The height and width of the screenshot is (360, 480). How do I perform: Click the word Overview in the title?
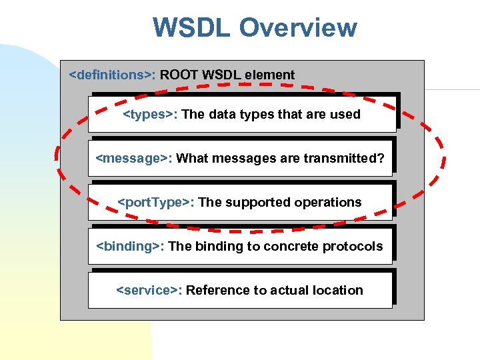click(x=298, y=28)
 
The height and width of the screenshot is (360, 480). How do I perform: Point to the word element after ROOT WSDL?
click(x=269, y=75)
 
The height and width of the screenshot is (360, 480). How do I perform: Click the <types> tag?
click(x=150, y=114)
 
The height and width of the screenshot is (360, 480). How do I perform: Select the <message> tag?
click(x=134, y=158)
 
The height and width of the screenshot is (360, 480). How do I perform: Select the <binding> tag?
click(x=130, y=246)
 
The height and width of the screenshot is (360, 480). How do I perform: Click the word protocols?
click(x=353, y=246)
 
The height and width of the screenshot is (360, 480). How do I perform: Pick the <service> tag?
click(x=149, y=290)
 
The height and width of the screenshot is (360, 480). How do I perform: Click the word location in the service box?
click(x=339, y=290)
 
